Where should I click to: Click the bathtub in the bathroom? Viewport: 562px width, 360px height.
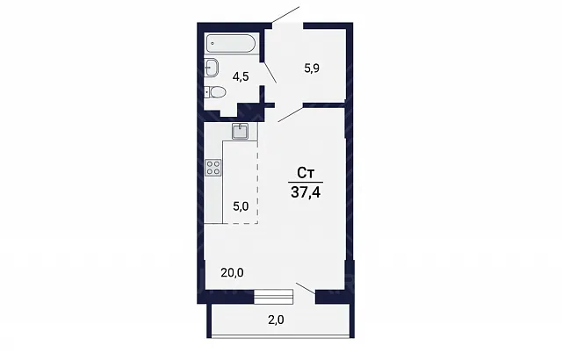tap(231, 44)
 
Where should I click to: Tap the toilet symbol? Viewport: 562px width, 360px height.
tap(215, 92)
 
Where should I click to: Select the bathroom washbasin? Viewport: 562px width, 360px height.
tap(211, 68)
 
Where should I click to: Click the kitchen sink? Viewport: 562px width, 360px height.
tap(240, 131)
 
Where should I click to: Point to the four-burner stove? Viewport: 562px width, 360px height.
tap(213, 168)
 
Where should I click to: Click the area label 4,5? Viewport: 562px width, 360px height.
tap(241, 76)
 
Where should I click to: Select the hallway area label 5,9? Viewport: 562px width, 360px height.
tap(312, 68)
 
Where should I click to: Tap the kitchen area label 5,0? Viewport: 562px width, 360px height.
tap(241, 206)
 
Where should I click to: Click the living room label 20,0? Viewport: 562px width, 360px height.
tap(232, 273)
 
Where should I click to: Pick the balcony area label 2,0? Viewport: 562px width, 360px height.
tap(276, 320)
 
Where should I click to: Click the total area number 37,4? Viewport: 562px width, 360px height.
tap(306, 192)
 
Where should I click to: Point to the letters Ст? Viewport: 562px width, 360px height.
tap(306, 173)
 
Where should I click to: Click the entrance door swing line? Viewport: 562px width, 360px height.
tap(285, 15)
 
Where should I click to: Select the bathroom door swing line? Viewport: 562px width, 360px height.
tap(270, 73)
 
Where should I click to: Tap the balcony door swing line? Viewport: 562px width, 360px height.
tap(306, 288)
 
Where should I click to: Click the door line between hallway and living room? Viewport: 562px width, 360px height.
tap(291, 114)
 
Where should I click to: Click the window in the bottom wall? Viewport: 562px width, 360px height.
tap(274, 297)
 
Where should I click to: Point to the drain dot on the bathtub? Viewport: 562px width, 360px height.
tap(213, 44)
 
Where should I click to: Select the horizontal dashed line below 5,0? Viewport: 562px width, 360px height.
tap(240, 223)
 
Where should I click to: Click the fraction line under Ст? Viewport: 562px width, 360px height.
tap(306, 183)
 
